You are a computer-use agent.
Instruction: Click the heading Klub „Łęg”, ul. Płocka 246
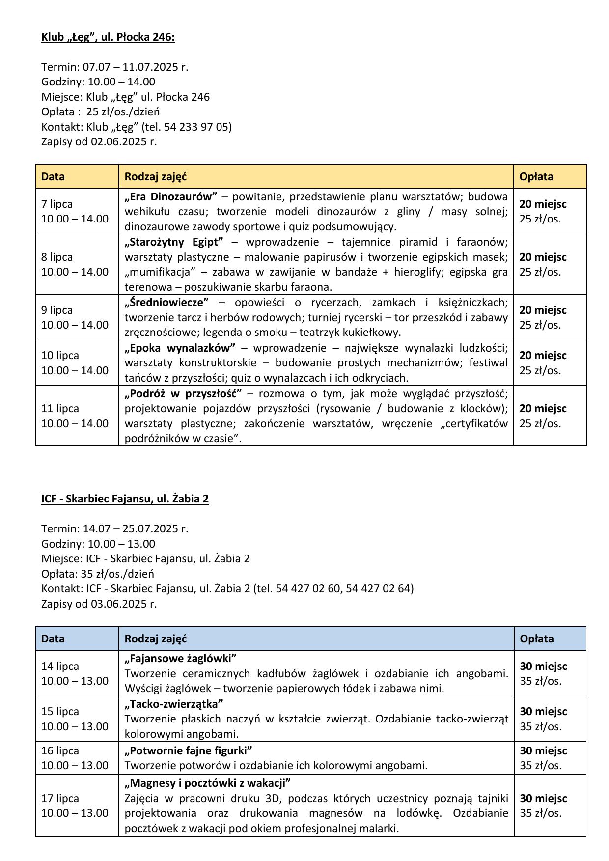pyautogui.click(x=108, y=37)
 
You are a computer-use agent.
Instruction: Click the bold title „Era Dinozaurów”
pyautogui.click(x=170, y=197)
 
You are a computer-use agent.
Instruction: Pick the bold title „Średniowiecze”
pyautogui.click(x=166, y=303)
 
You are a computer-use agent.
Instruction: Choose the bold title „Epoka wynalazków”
pyautogui.click(x=180, y=348)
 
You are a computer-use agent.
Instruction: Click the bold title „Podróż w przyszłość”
pyautogui.click(x=183, y=393)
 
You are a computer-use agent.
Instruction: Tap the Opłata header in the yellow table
pyautogui.click(x=536, y=176)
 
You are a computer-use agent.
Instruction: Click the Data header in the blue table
pyautogui.click(x=53, y=639)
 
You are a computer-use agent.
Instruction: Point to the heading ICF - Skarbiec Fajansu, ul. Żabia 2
pyautogui.click(x=125, y=499)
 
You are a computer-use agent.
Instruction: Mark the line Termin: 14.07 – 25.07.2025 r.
pyautogui.click(x=114, y=529)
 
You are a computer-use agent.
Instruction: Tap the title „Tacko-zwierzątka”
pyautogui.click(x=174, y=704)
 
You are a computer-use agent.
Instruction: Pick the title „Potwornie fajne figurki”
pyautogui.click(x=188, y=750)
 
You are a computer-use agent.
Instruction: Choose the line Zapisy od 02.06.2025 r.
pyautogui.click(x=99, y=142)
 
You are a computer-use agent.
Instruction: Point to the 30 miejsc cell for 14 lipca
pyautogui.click(x=543, y=667)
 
